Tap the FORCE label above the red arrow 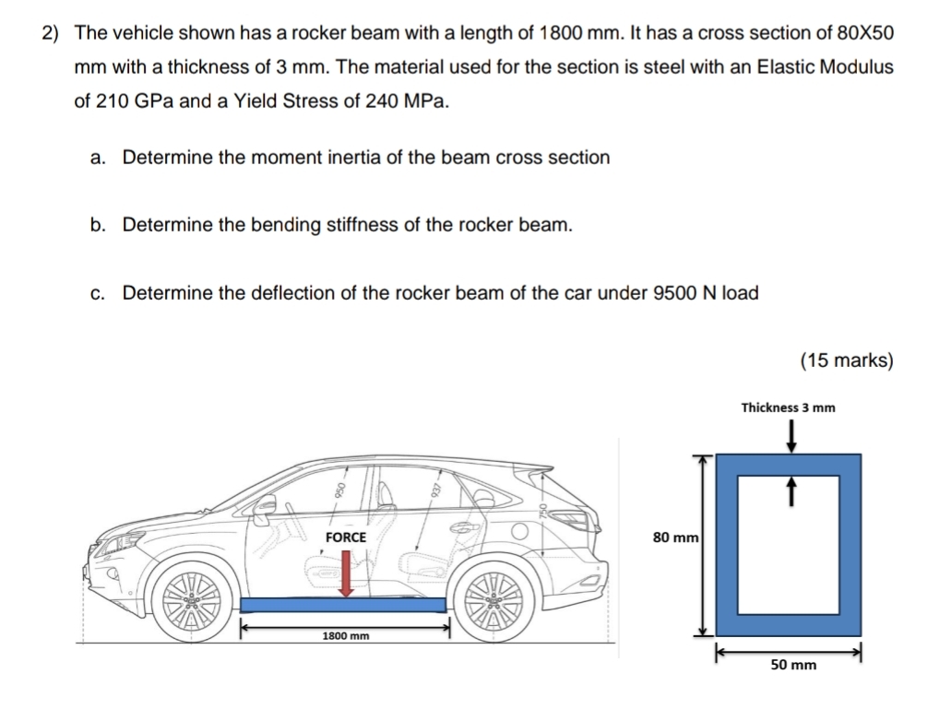click(346, 537)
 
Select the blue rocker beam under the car click(343, 605)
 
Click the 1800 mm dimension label click(345, 636)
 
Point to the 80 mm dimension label click(676, 537)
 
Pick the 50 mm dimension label click(792, 664)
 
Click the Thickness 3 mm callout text click(788, 407)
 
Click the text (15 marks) click(847, 360)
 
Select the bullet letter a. click(97, 158)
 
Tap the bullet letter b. click(97, 225)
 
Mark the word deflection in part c click(291, 293)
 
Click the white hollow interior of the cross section click(791, 544)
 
